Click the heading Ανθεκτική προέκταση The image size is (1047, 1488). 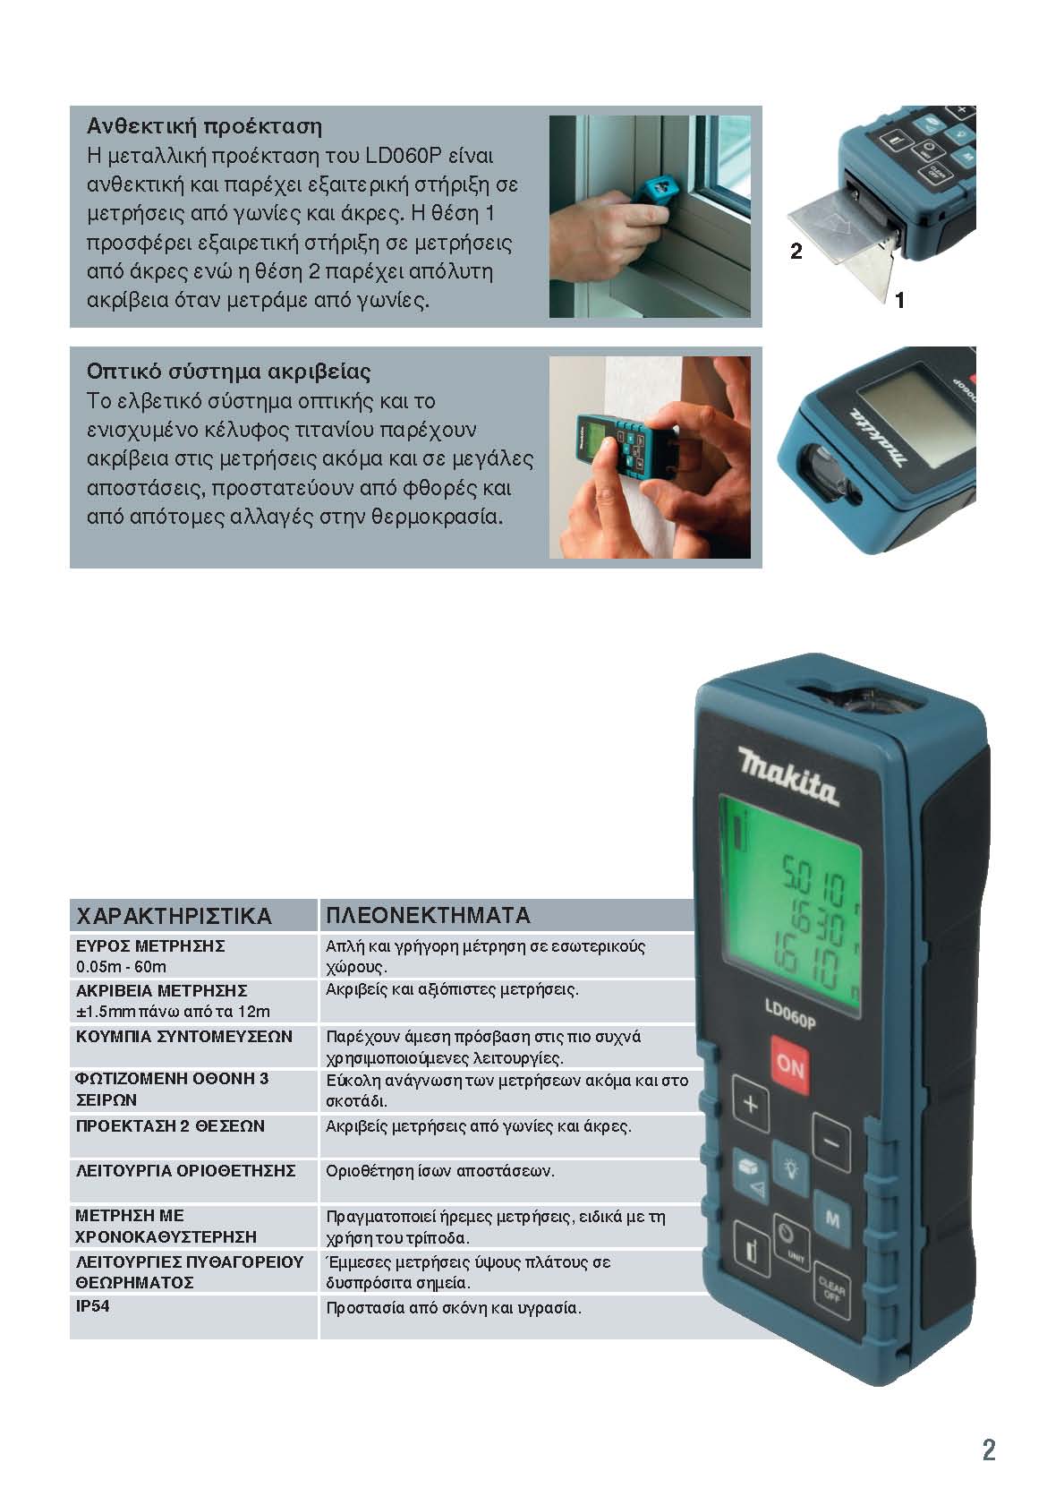point(205,126)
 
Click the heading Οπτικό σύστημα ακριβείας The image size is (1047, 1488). point(228,371)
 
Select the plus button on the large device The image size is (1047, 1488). point(751,1104)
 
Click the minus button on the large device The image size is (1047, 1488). point(831,1142)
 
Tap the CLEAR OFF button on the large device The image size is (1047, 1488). point(831,1291)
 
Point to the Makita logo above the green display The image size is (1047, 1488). point(788,775)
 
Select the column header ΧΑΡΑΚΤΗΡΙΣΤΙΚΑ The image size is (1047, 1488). point(174,916)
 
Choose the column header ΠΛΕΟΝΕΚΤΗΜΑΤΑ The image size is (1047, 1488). point(428,915)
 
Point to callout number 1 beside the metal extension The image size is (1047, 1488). point(899,301)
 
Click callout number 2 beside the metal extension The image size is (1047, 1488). point(796,251)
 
